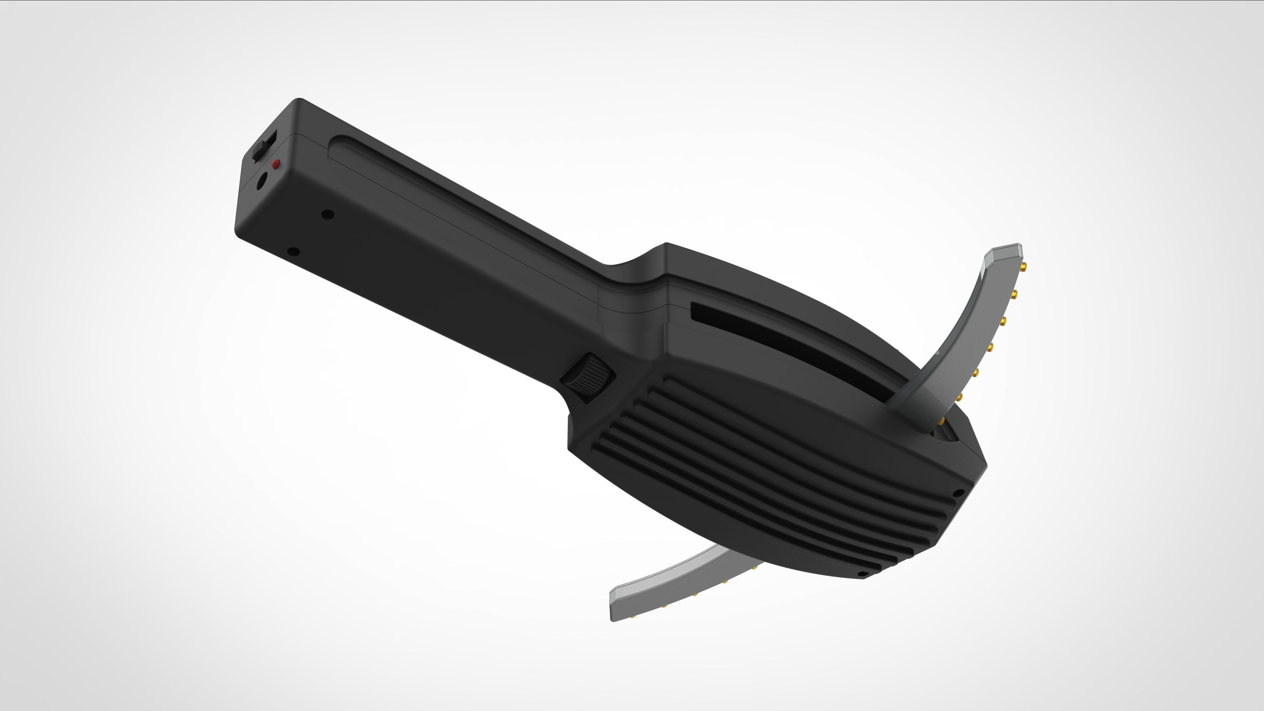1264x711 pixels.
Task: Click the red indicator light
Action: point(276,164)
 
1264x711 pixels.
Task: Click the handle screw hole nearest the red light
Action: point(327,214)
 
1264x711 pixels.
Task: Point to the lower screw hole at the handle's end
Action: point(293,252)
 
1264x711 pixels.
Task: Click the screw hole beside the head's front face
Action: point(958,492)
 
